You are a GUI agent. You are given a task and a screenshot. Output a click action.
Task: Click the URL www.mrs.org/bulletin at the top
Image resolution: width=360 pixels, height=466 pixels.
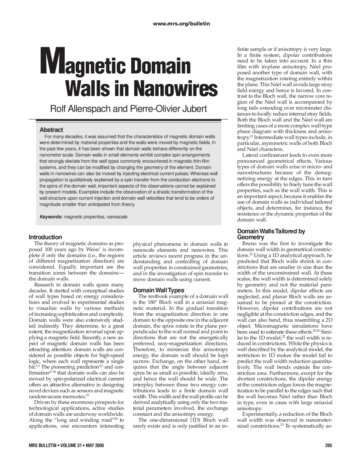click(181, 24)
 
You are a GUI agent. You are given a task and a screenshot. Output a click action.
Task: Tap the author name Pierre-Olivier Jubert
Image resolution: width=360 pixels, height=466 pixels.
click(168, 109)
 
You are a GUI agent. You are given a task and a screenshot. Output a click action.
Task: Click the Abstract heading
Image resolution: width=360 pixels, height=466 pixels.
click(51, 130)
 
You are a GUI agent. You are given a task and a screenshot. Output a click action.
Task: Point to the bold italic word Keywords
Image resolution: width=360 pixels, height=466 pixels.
click(51, 217)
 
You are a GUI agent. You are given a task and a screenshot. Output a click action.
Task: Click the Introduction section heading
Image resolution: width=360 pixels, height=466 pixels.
click(45, 237)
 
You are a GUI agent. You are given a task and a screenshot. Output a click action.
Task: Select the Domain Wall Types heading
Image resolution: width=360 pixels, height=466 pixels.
click(158, 290)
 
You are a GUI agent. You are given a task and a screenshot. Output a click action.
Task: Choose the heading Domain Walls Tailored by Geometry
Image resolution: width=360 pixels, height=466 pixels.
click(271, 234)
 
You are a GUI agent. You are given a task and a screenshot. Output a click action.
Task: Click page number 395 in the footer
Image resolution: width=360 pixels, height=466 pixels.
click(328, 445)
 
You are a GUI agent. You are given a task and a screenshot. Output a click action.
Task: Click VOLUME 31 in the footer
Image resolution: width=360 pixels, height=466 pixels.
click(71, 445)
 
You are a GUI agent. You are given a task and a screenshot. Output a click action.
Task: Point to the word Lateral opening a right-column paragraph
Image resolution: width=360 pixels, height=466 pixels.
click(250, 155)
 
